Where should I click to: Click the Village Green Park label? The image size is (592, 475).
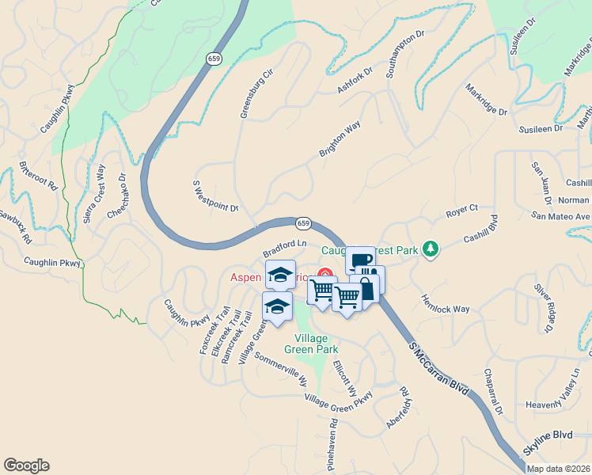pyautogui.click(x=312, y=343)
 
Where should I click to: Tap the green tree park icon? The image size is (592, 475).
pyautogui.click(x=430, y=249)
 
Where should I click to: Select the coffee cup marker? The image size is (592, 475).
pyautogui.click(x=360, y=261)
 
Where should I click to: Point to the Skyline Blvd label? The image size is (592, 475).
pyautogui.click(x=550, y=435)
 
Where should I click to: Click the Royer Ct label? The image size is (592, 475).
pyautogui.click(x=462, y=208)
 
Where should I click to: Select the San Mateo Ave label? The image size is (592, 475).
pyautogui.click(x=561, y=215)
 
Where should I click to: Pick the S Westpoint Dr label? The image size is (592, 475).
pyautogui.click(x=215, y=196)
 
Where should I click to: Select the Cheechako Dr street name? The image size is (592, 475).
pyautogui.click(x=116, y=197)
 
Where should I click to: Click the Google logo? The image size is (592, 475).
pyautogui.click(x=26, y=465)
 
